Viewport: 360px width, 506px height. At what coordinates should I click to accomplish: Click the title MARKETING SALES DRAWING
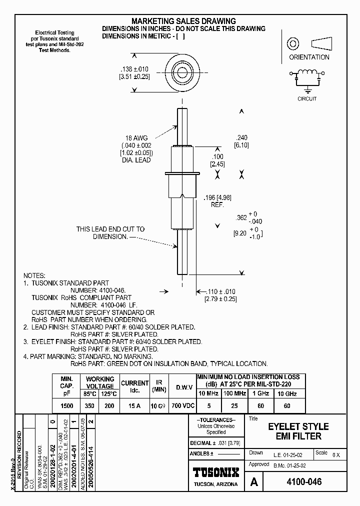[183, 21]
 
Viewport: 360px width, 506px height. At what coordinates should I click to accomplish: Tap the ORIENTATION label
[309, 57]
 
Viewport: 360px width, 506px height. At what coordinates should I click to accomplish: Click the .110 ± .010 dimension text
[220, 291]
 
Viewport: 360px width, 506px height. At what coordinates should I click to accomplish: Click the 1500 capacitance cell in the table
[67, 406]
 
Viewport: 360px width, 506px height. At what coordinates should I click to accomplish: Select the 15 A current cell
[134, 406]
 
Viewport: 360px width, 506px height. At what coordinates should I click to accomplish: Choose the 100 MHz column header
[235, 393]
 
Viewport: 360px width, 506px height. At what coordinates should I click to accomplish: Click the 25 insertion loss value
[235, 406]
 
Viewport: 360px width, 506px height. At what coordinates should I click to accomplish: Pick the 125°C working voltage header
[106, 393]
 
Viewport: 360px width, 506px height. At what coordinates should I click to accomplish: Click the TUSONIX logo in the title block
[215, 472]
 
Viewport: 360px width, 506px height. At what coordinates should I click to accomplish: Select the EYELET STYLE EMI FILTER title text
[298, 431]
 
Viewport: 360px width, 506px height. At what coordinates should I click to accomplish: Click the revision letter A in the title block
[254, 482]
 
